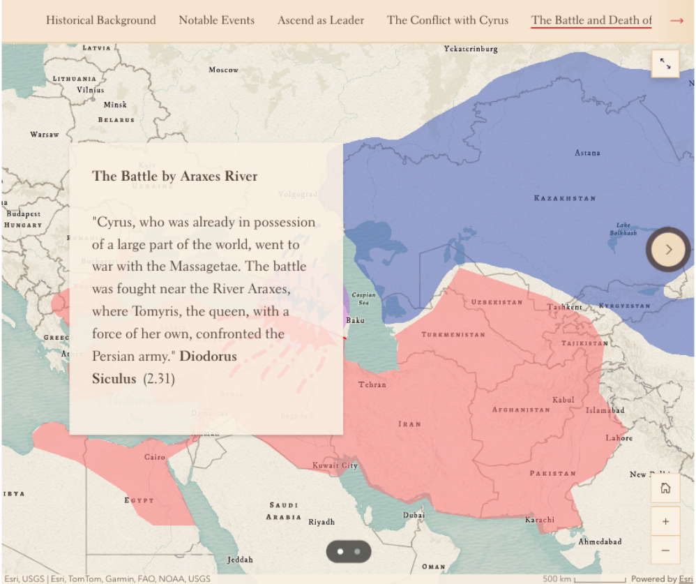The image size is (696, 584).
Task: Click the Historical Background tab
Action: tap(101, 20)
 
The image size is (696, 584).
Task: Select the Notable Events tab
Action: tap(217, 20)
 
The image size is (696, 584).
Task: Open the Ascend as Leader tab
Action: tap(321, 20)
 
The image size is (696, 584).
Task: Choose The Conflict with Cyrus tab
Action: tap(448, 20)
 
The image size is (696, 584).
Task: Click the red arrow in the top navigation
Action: tap(676, 20)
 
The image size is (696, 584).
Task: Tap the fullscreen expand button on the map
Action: tap(665, 64)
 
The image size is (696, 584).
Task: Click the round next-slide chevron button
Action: tap(668, 249)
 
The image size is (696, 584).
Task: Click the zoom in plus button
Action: tap(665, 521)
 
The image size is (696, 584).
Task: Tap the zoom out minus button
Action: tap(665, 551)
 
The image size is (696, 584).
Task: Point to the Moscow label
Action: tap(223, 70)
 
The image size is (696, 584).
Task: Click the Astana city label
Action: tap(587, 153)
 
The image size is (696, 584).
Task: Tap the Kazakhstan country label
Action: tap(565, 198)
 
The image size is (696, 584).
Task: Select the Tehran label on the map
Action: tap(372, 384)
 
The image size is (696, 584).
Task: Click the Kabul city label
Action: tap(563, 400)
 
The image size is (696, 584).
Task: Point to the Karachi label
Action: tap(540, 520)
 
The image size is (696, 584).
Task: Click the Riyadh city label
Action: tap(321, 522)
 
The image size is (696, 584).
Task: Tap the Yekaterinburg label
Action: tap(471, 49)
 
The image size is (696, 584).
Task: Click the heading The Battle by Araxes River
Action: tap(175, 176)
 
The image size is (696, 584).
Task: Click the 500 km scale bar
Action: tap(600, 579)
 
